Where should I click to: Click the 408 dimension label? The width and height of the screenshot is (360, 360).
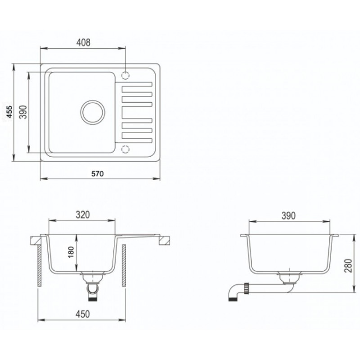[x=83, y=42]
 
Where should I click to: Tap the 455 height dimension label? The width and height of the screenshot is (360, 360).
[x=9, y=112]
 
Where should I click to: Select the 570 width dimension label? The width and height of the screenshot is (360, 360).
[x=98, y=174]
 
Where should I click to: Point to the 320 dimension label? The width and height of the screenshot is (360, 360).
[x=83, y=215]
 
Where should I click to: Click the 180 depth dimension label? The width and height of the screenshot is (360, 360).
[x=71, y=252]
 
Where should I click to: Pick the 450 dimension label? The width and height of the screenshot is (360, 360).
[x=83, y=314]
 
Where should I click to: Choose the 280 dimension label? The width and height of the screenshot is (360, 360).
[x=348, y=265]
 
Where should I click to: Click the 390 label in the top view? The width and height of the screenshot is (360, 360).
[x=23, y=112]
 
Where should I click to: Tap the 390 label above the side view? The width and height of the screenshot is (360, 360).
[x=288, y=216]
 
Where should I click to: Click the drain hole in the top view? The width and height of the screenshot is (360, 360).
[x=93, y=112]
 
